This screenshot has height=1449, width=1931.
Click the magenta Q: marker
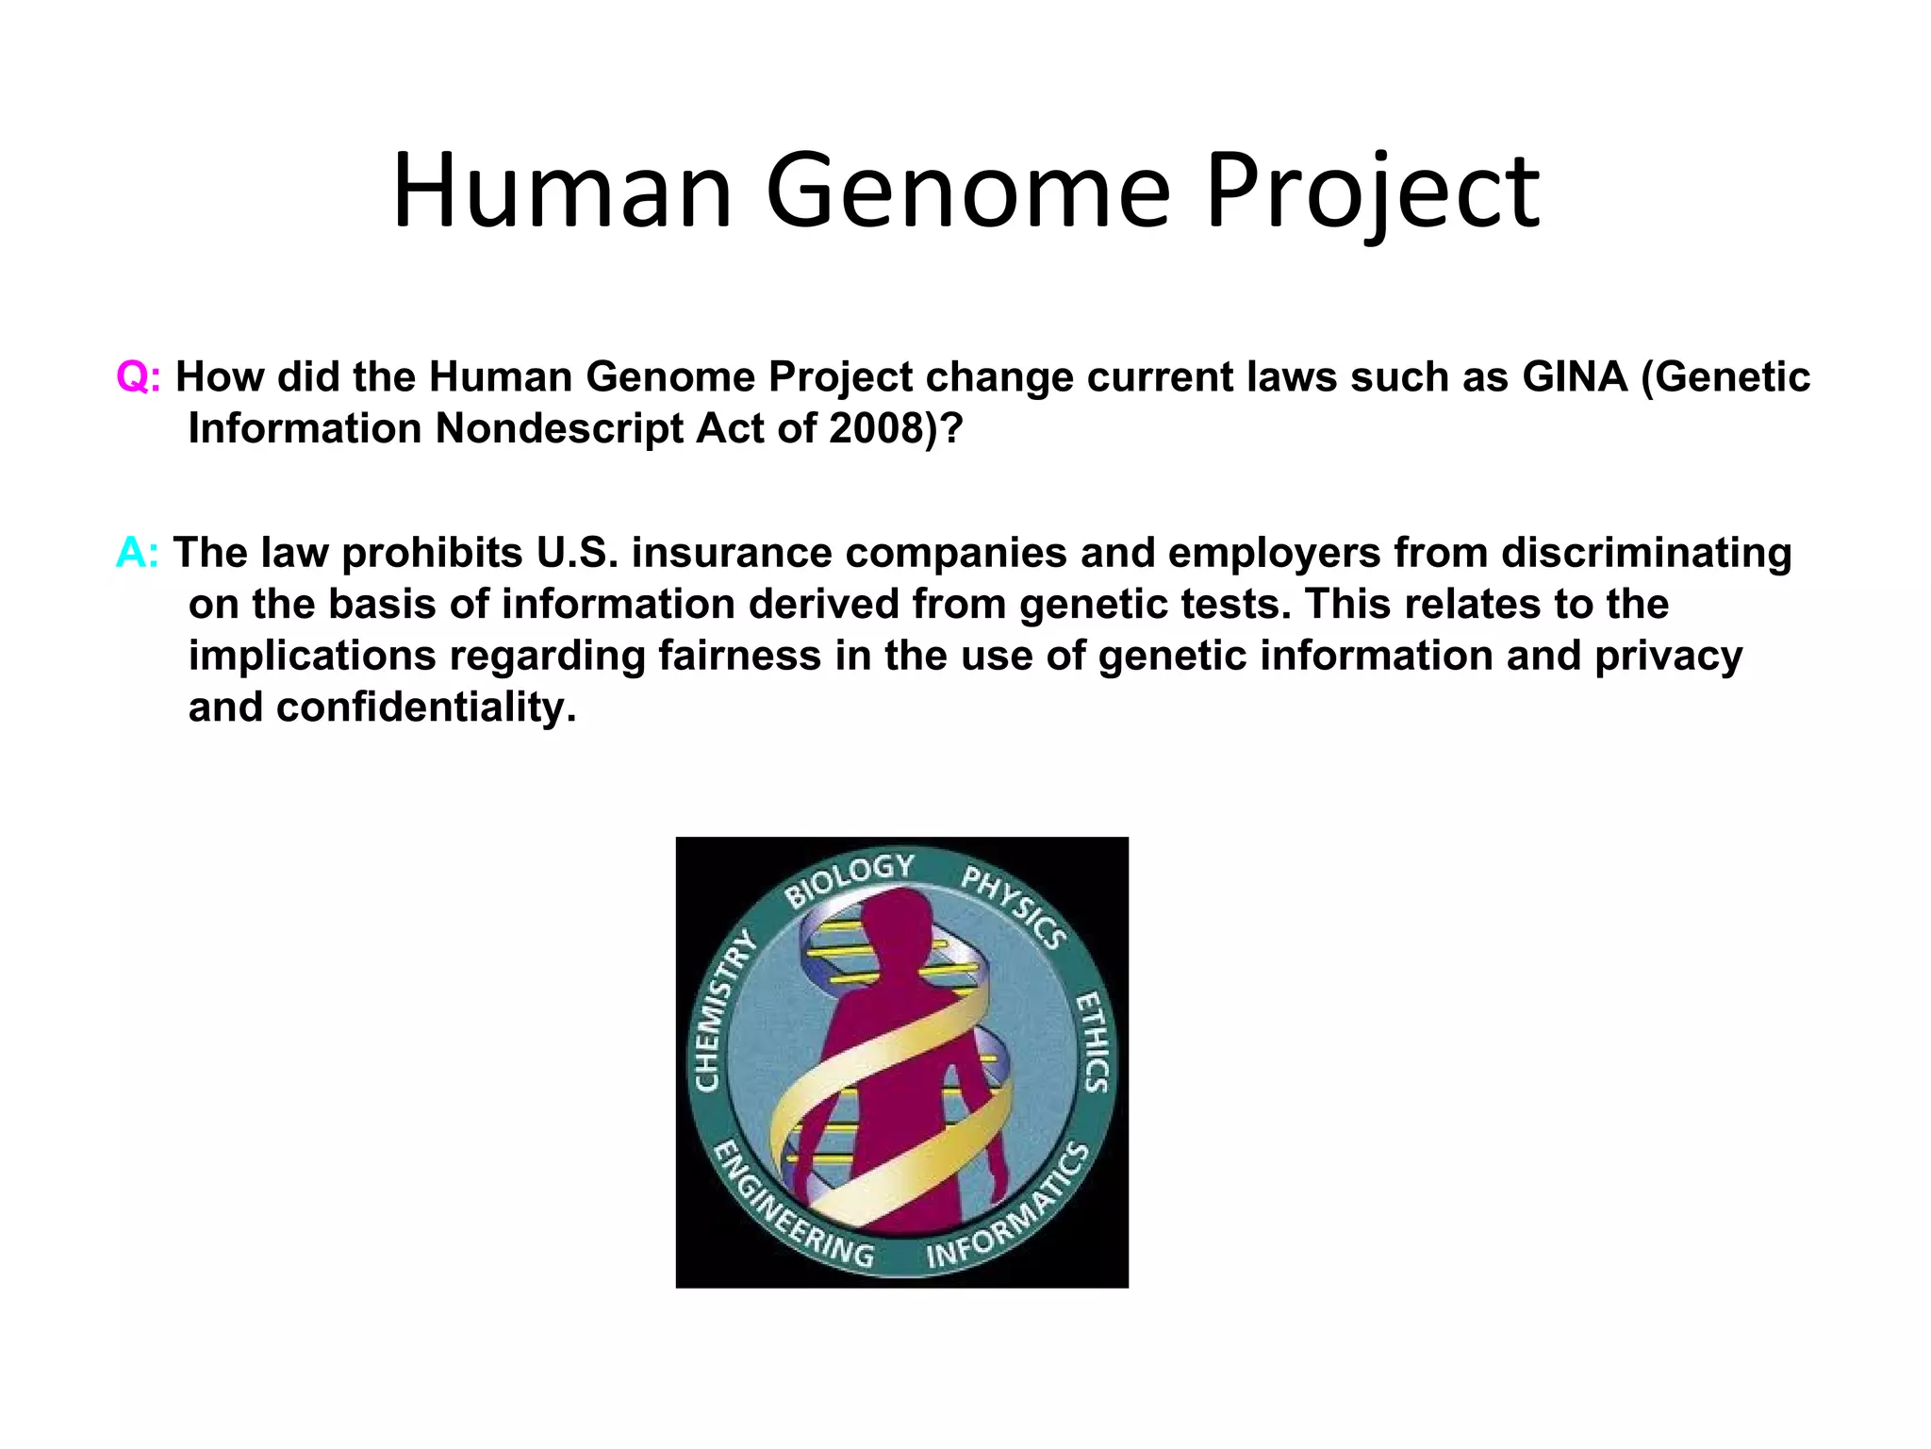[x=138, y=377]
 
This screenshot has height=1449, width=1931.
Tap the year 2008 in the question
[x=875, y=429]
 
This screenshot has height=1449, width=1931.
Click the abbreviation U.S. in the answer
[x=577, y=553]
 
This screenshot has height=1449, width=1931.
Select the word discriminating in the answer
[x=1646, y=553]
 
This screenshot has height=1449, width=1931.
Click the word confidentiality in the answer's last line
[x=424, y=708]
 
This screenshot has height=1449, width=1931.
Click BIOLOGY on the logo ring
[x=850, y=878]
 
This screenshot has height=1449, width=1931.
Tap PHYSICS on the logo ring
[x=1015, y=906]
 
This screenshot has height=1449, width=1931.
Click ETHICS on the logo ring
[x=1093, y=1041]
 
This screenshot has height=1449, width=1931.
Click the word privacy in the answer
[x=1668, y=656]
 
